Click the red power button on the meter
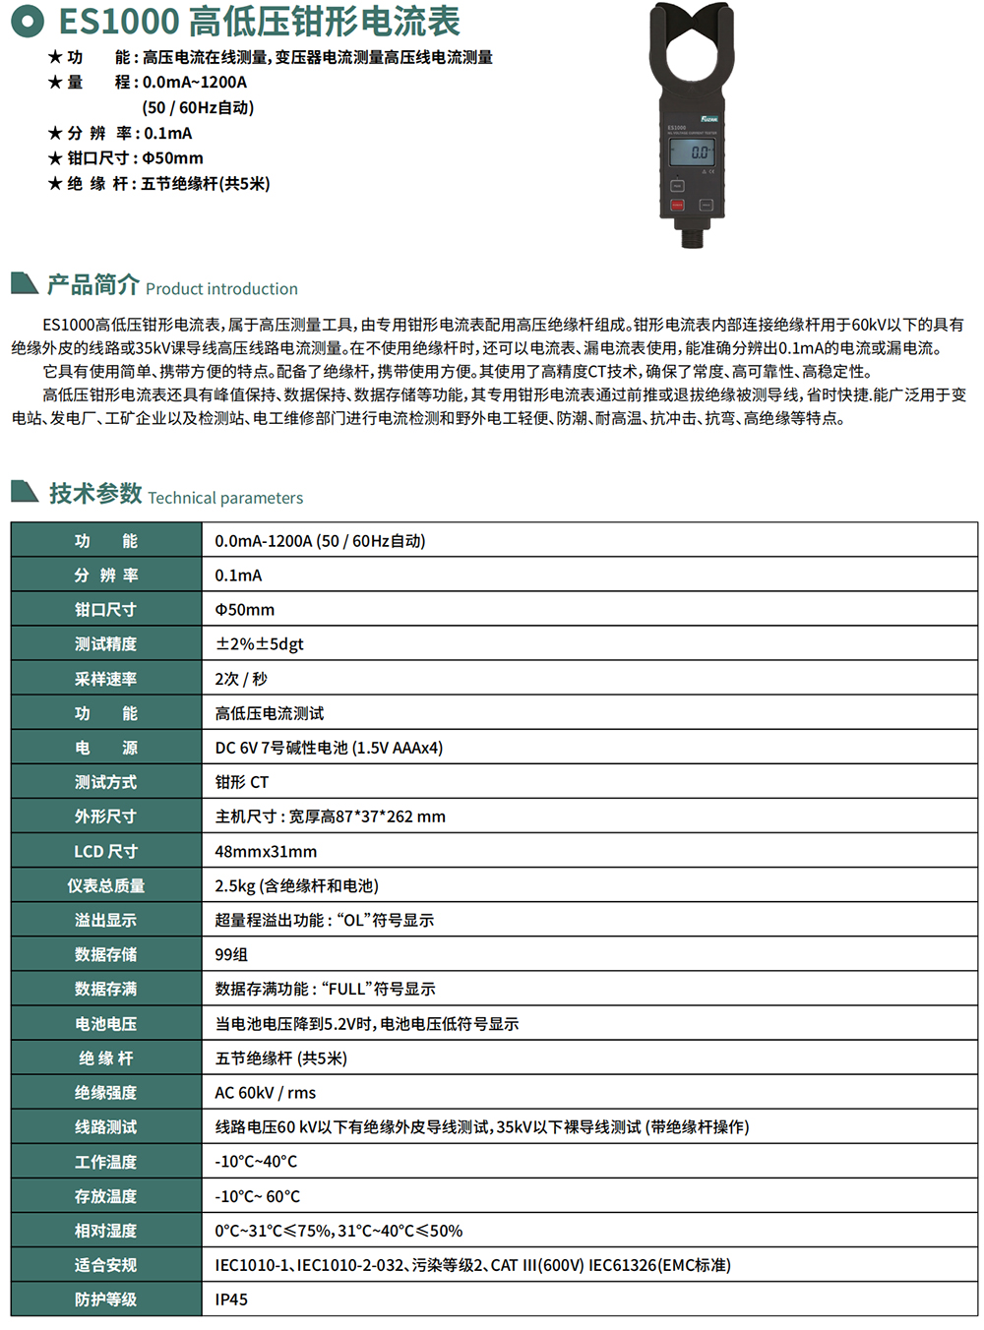tap(677, 206)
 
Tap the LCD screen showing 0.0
tap(692, 151)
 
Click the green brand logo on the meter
tap(708, 119)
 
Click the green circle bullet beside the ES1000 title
tap(28, 21)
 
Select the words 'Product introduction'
tap(221, 289)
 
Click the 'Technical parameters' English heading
tap(225, 498)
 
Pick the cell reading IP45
tap(232, 1300)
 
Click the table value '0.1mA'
tap(239, 575)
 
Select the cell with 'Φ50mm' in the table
tap(245, 610)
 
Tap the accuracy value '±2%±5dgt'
tap(260, 644)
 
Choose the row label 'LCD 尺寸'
tap(106, 852)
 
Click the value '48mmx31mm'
tap(266, 852)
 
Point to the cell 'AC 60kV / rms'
tap(266, 1093)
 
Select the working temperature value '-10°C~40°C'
tap(256, 1162)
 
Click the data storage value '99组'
tap(231, 955)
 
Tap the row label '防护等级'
tap(106, 1300)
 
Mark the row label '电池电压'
tap(106, 1024)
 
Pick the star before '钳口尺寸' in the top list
tap(55, 158)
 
